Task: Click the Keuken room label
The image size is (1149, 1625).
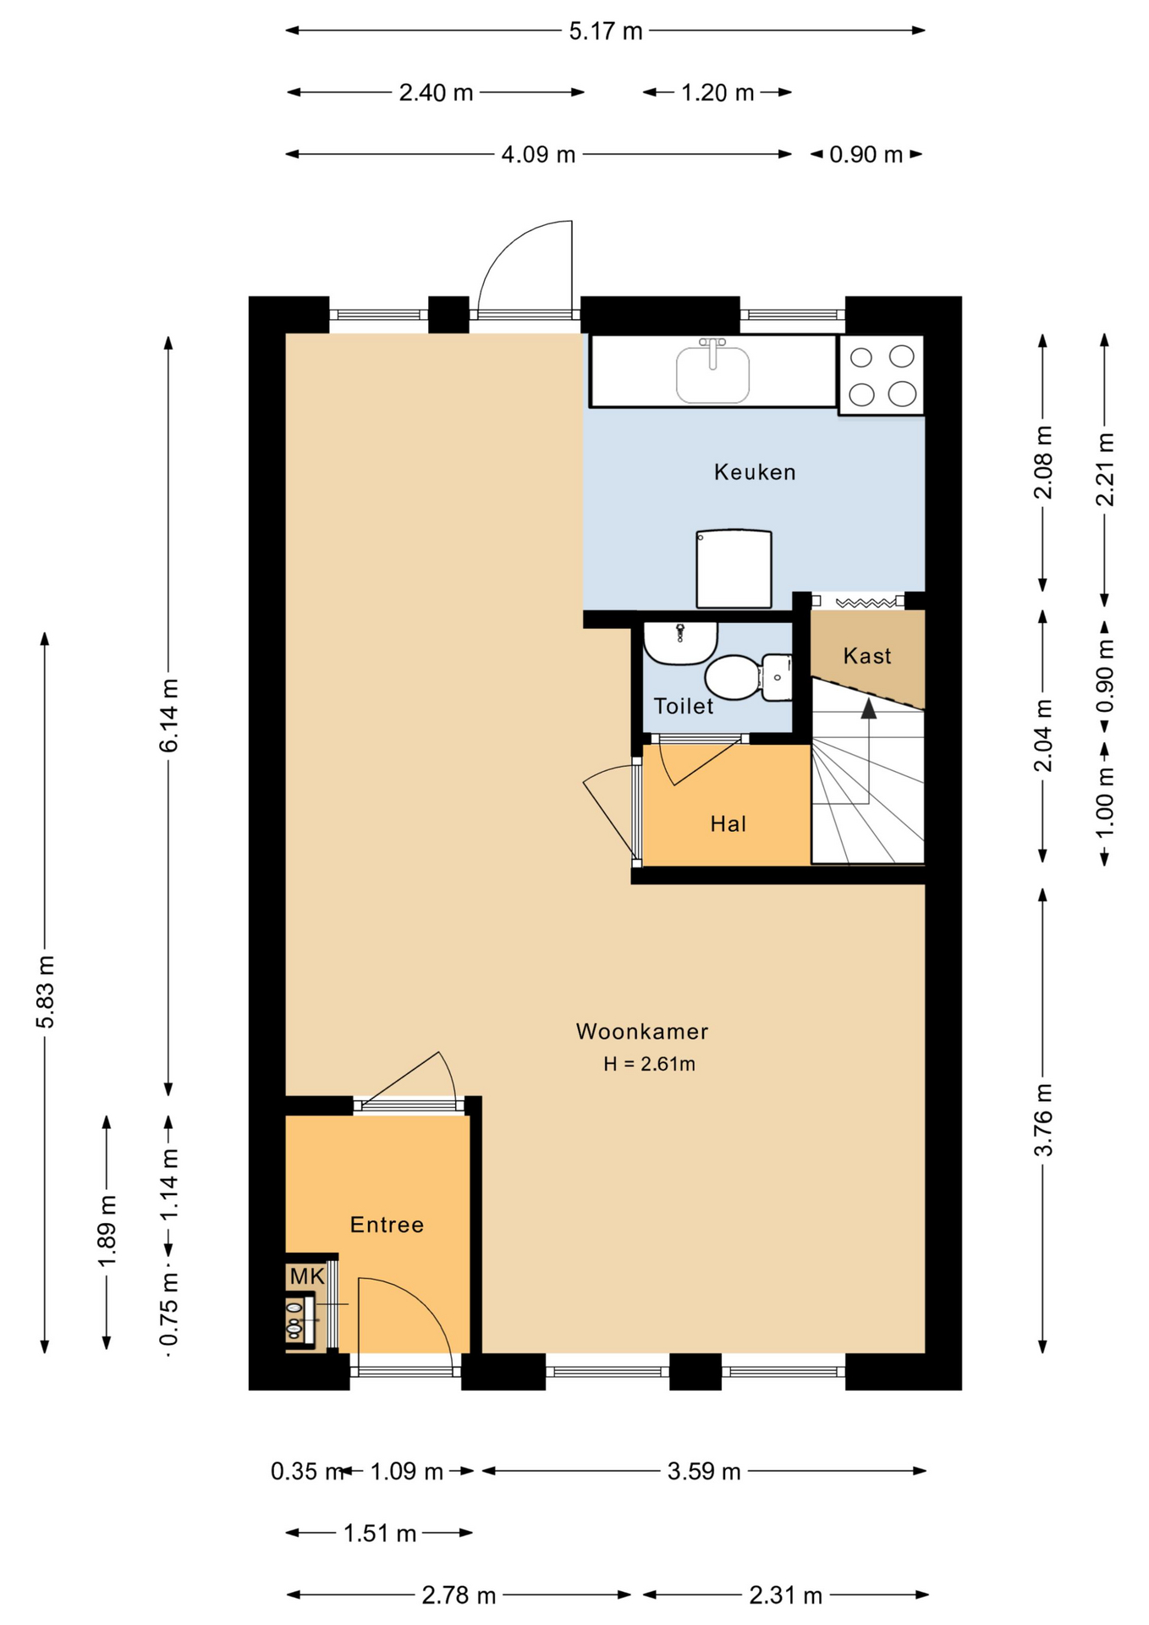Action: (x=755, y=471)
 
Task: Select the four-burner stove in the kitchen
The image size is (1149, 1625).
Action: (x=881, y=375)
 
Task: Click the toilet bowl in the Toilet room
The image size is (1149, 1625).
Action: (x=733, y=677)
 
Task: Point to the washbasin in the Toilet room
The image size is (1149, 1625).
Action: (x=680, y=644)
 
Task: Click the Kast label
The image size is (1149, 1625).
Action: (x=867, y=656)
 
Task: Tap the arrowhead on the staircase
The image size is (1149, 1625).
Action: (x=869, y=708)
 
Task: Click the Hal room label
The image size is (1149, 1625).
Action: (x=728, y=824)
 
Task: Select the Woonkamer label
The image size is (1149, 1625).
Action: (x=642, y=1032)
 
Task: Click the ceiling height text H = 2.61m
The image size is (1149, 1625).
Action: (x=649, y=1064)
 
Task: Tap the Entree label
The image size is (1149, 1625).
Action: (x=387, y=1225)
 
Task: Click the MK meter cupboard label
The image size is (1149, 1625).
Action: (x=306, y=1276)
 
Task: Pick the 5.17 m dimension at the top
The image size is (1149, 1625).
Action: (x=606, y=31)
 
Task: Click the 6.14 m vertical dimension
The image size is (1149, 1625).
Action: (x=168, y=715)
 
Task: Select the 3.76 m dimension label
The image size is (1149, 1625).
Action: (x=1043, y=1120)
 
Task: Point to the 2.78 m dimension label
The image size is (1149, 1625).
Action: (x=459, y=1595)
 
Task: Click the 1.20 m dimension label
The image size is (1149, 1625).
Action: (x=717, y=92)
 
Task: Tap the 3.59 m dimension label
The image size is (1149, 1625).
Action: (x=704, y=1472)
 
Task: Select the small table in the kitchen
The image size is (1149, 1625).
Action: (x=734, y=569)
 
